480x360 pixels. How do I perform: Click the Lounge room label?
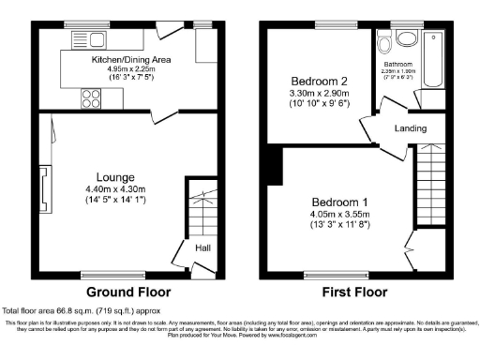click(x=114, y=175)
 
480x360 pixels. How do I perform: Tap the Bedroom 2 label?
click(x=313, y=81)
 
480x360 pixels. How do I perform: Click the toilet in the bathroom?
click(x=406, y=38)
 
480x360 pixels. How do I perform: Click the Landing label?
click(x=411, y=128)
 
